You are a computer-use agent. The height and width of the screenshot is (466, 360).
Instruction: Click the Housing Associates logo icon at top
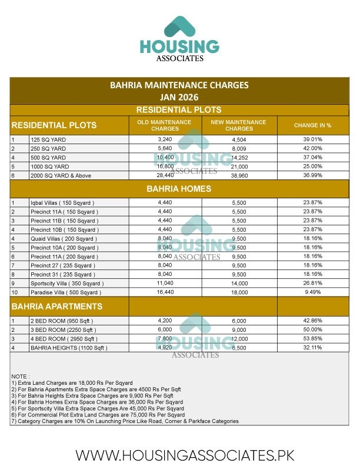click(x=179, y=27)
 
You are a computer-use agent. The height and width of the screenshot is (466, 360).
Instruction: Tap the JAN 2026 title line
click(x=179, y=96)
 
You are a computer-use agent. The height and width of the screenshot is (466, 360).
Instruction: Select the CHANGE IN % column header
click(x=312, y=125)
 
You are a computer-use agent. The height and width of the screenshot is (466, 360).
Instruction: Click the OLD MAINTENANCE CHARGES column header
click(x=165, y=125)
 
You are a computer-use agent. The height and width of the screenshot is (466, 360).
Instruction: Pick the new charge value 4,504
click(x=239, y=139)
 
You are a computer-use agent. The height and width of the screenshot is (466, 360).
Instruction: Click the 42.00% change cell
click(x=312, y=149)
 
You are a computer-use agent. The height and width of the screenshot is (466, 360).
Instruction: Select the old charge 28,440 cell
click(x=165, y=175)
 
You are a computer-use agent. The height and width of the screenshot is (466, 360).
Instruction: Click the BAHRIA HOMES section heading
click(x=179, y=189)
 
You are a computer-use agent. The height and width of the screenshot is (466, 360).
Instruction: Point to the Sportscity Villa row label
click(x=66, y=283)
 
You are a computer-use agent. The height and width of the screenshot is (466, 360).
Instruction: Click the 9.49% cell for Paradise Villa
click(x=312, y=292)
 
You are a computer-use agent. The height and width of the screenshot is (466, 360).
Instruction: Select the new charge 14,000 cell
click(x=239, y=283)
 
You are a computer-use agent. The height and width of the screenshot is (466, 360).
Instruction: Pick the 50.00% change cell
click(x=312, y=330)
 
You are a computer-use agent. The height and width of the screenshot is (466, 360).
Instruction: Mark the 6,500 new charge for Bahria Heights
click(x=239, y=348)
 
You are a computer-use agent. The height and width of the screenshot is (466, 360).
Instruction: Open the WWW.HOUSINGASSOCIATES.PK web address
click(x=185, y=455)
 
